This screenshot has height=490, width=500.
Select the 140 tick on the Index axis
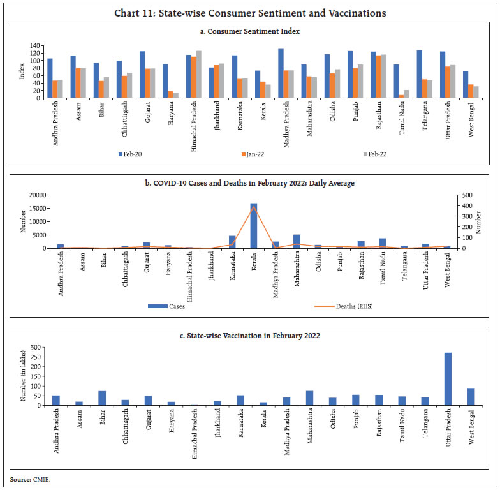pos(36,46)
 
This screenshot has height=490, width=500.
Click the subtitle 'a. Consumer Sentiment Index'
pos(249,31)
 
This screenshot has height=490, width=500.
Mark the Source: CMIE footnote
pos(29,478)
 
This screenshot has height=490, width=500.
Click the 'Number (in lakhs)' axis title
pos(24,376)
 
